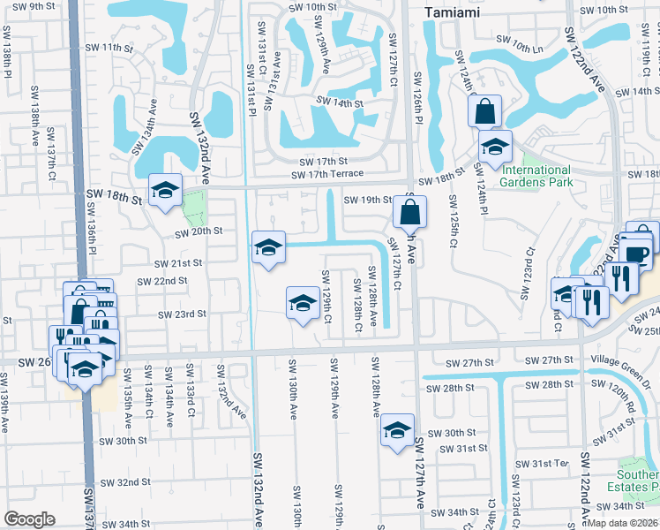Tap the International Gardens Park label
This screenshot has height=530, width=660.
point(536,176)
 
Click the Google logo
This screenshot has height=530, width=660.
point(29,519)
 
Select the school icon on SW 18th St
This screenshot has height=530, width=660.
point(165,190)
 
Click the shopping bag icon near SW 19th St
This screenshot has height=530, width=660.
point(410,212)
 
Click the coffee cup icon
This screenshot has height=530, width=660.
point(636,254)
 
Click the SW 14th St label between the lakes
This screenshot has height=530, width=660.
point(339,103)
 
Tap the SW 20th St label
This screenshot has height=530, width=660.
point(198,232)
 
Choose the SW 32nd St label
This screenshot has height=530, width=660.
point(125,483)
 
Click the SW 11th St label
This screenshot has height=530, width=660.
point(123,47)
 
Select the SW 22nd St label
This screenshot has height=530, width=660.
point(161,281)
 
